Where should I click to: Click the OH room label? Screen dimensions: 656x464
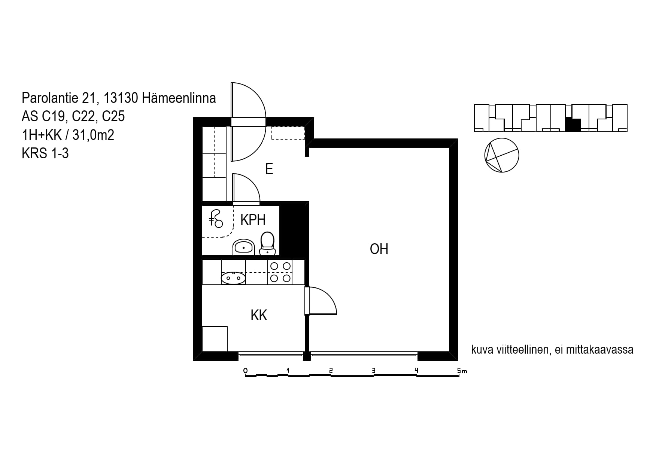click(379, 249)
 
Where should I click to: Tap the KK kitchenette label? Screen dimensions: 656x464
click(259, 315)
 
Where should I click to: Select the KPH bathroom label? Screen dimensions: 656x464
click(253, 220)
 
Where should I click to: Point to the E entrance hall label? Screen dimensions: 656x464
click(269, 169)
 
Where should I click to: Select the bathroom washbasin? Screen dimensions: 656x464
click(244, 247)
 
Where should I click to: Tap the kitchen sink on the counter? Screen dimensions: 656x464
click(233, 278)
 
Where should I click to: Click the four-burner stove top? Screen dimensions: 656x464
click(280, 272)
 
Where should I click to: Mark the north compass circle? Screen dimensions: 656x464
click(502, 155)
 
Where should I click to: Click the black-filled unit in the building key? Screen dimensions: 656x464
click(573, 125)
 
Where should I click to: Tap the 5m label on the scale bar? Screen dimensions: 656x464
click(462, 370)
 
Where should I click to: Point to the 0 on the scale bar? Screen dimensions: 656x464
click(246, 370)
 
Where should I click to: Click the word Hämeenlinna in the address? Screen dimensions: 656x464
click(179, 98)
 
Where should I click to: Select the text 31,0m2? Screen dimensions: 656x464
click(93, 135)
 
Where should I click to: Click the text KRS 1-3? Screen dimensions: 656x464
click(45, 153)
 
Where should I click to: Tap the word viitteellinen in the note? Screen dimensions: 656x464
click(522, 349)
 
